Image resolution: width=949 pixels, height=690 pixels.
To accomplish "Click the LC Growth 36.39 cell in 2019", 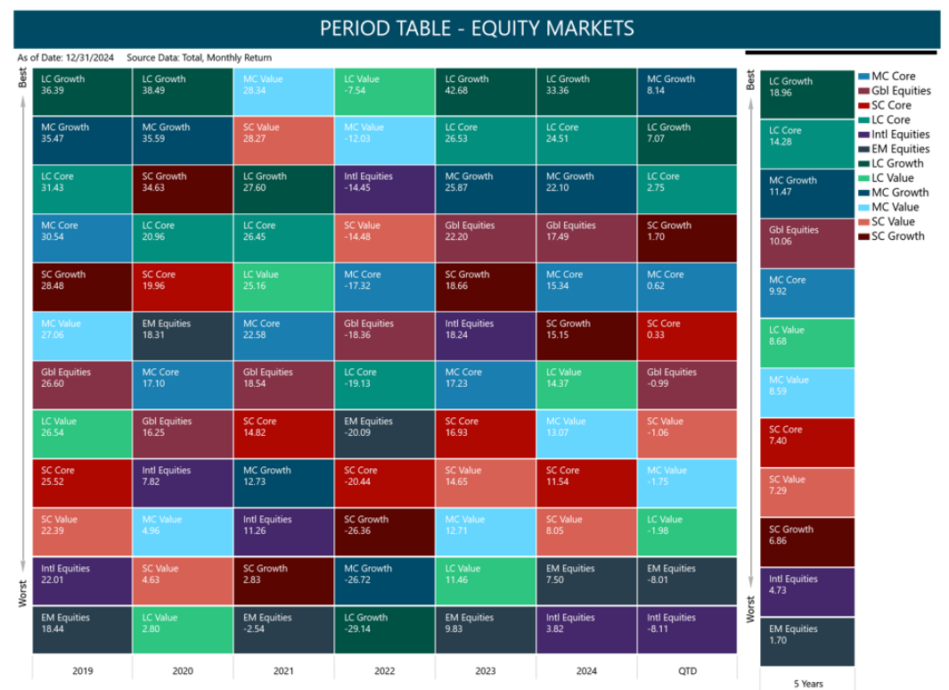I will point(82,92).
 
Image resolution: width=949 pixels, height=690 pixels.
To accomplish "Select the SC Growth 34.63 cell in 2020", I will point(183,189).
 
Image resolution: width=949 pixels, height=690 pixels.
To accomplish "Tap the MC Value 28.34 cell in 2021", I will point(283,92).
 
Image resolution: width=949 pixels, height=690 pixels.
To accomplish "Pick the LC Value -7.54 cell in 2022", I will point(384,92).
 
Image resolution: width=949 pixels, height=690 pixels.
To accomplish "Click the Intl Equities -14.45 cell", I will point(384,189).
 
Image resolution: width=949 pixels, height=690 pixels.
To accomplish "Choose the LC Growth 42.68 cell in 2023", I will point(485,92).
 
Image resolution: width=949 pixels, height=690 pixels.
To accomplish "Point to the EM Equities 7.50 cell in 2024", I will point(585,580).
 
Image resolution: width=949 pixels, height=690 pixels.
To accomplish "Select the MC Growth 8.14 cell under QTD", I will point(687,92).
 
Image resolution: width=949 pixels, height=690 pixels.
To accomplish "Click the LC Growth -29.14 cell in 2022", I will point(384,629).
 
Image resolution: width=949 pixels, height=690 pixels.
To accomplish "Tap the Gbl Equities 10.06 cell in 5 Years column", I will point(806,242).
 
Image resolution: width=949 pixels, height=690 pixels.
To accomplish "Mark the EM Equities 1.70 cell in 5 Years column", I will point(806,641).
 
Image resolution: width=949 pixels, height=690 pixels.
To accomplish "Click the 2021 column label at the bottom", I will point(283,670).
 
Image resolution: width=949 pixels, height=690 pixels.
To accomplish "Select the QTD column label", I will point(687,670).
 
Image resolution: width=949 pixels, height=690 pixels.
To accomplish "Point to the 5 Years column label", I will point(808,684).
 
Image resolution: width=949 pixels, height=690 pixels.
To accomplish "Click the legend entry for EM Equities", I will point(900,149).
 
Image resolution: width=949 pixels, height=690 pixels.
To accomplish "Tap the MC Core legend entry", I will point(893,76).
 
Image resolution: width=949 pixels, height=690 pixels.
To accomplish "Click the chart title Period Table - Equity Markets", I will point(477,29).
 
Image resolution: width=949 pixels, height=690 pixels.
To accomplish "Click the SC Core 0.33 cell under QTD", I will point(687,336).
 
